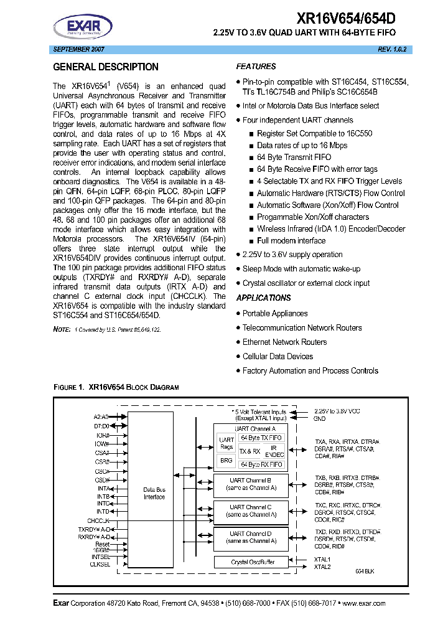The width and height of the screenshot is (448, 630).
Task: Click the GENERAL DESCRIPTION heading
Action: click(106, 67)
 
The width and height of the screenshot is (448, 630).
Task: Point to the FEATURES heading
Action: click(256, 67)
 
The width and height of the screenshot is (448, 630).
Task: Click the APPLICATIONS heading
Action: click(263, 298)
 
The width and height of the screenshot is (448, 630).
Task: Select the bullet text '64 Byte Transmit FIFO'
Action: click(294, 157)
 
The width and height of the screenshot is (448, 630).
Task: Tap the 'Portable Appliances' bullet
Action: click(274, 313)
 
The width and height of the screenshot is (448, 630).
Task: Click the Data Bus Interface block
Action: click(154, 493)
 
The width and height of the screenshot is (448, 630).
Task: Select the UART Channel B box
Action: click(251, 484)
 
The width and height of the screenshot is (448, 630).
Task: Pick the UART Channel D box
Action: click(251, 537)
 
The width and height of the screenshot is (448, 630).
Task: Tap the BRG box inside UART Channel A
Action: click(226, 460)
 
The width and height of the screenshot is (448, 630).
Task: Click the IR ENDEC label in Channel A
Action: click(274, 451)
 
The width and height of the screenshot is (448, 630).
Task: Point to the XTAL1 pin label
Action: click(322, 559)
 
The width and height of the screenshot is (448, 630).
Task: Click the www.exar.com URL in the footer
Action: click(363, 603)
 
